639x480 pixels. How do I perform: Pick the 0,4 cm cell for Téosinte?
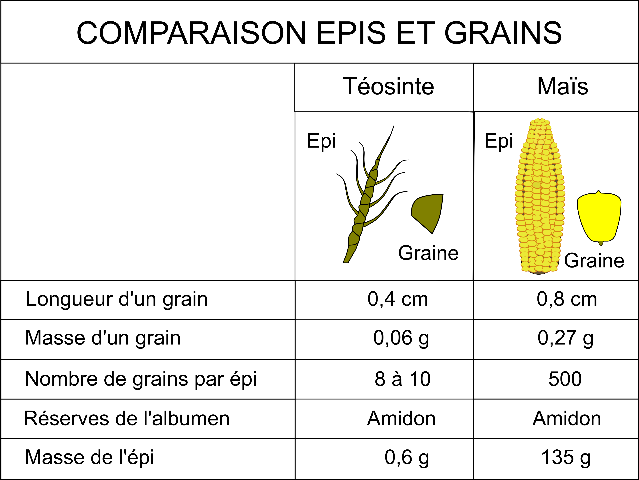coord(398,299)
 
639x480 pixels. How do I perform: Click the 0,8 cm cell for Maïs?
coord(567,299)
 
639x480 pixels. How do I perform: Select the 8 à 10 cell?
coord(402,379)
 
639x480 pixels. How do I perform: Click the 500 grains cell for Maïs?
coord(565,379)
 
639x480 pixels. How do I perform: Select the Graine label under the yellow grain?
coord(594,261)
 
